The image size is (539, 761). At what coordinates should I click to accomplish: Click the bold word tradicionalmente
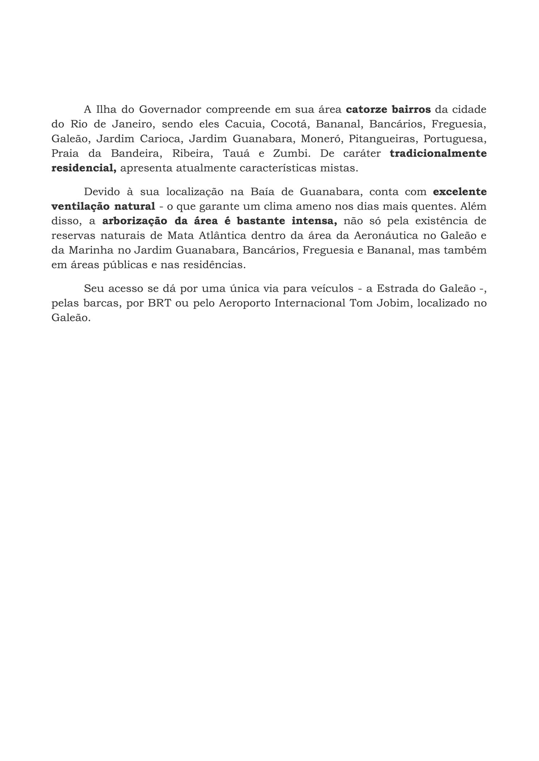(438, 154)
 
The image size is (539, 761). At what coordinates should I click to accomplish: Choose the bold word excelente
(459, 192)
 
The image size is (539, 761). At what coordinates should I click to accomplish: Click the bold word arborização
(135, 221)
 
